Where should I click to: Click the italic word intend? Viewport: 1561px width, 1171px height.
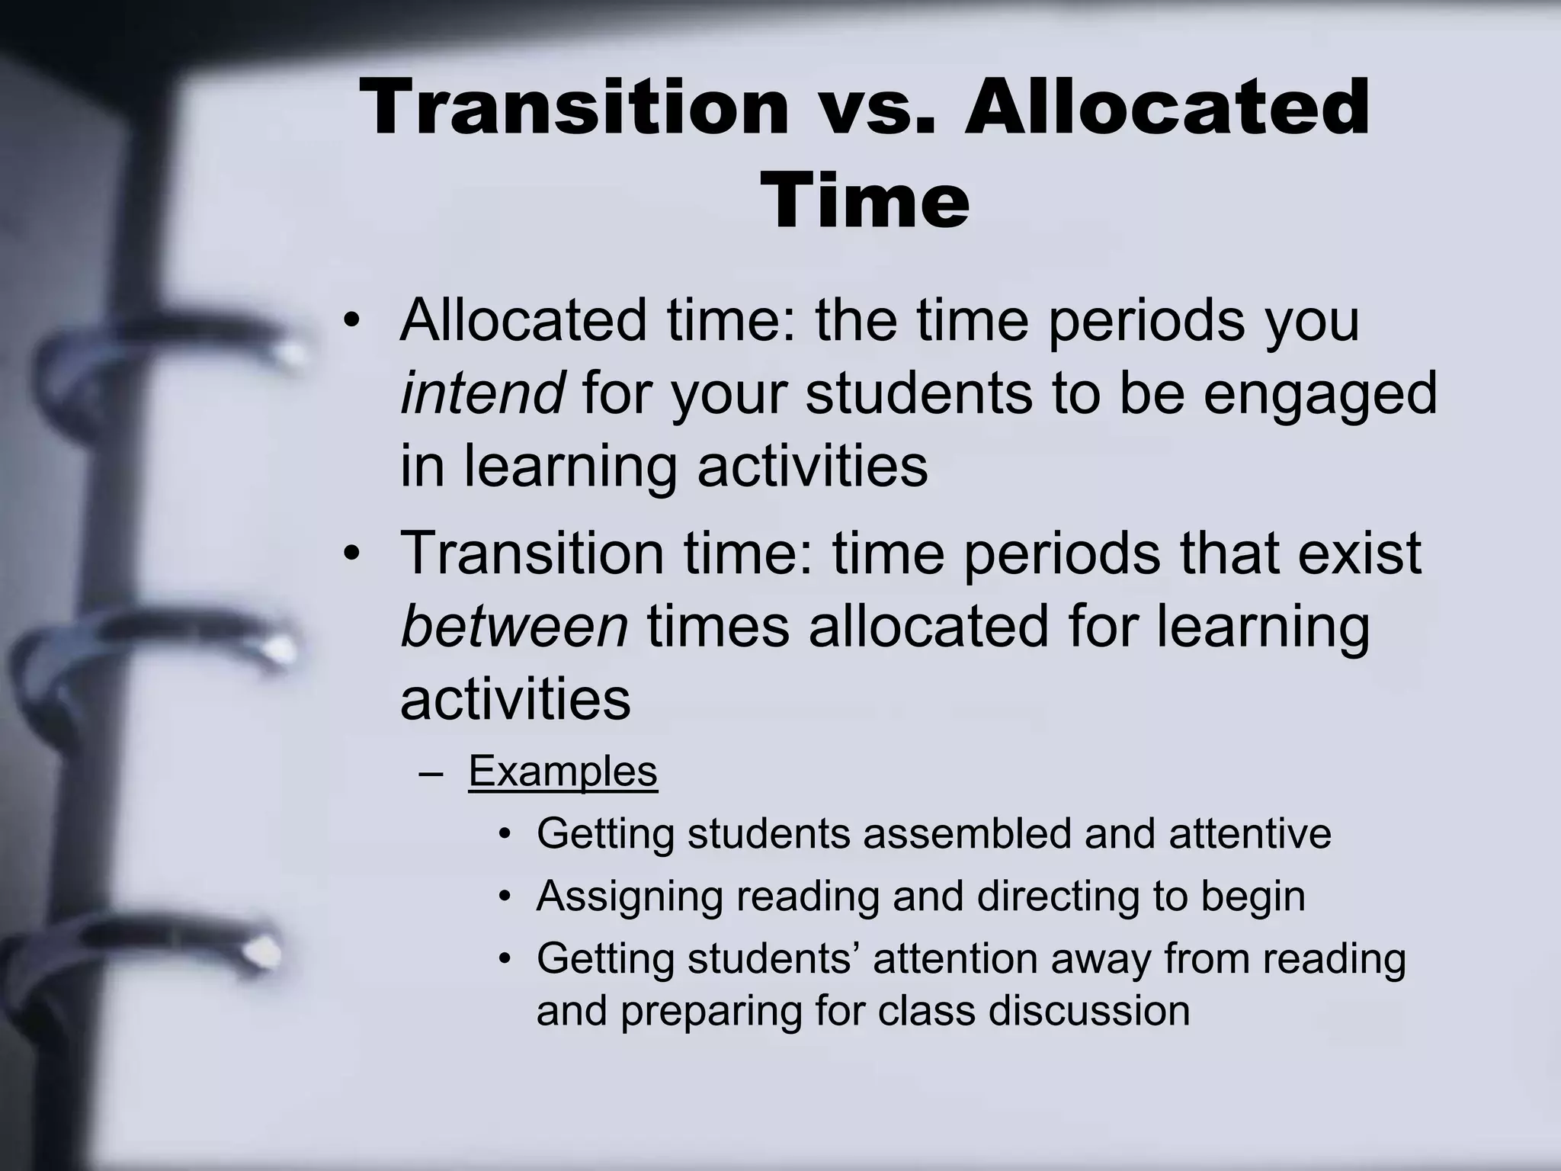(482, 393)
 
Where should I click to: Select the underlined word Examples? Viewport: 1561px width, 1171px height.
(563, 771)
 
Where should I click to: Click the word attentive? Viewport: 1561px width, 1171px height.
(1249, 833)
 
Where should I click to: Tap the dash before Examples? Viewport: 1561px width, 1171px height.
(431, 772)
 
